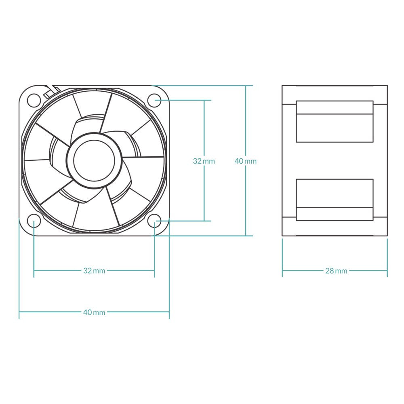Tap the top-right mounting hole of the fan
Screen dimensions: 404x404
tap(155, 100)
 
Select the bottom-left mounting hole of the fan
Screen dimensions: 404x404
tap(34, 221)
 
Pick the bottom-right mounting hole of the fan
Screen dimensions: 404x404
tap(155, 221)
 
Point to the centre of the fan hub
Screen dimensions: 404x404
tap(94, 161)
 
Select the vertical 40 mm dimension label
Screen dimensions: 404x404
tap(246, 161)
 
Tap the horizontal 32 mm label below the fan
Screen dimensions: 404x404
tap(94, 271)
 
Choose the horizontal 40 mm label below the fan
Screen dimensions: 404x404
tap(94, 312)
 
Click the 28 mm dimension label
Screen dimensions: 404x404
tap(336, 271)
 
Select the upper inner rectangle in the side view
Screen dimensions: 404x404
tap(335, 121)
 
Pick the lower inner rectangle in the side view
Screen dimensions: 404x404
tap(335, 200)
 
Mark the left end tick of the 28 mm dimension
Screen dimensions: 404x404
tap(282, 271)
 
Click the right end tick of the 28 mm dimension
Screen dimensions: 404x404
tap(387, 271)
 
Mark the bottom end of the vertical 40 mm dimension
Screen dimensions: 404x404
tap(246, 236)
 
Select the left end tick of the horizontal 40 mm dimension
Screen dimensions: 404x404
tap(19, 312)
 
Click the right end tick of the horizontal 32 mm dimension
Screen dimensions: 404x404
tap(155, 271)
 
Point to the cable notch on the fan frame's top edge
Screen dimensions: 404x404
tap(49, 90)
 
